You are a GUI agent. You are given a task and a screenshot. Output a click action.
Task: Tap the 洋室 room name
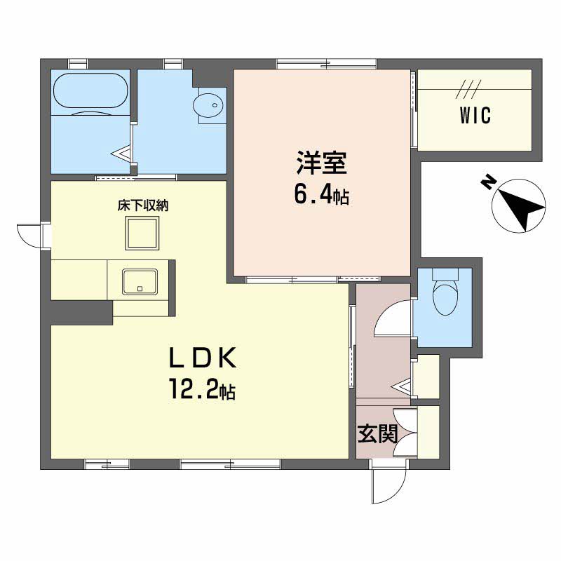coord(320,164)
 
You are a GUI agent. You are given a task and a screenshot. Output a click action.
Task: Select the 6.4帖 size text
coord(320,196)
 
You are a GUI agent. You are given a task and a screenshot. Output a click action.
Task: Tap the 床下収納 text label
coord(143,206)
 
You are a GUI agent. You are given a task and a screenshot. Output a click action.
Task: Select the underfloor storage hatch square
coord(143,232)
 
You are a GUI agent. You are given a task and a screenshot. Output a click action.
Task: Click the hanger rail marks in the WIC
coord(466,89)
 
